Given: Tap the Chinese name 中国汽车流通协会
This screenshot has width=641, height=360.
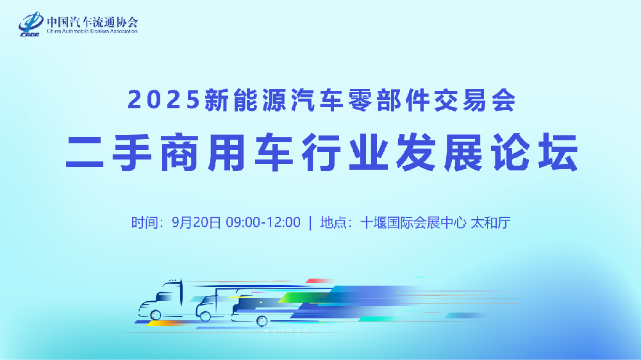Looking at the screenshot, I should tap(92, 21).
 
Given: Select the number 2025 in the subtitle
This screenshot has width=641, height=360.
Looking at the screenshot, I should tap(163, 101).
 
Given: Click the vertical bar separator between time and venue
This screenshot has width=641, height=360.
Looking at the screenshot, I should tap(310, 223).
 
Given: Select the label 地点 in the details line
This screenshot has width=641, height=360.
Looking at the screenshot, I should tap(333, 223).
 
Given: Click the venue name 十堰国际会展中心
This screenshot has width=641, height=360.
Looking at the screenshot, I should tap(413, 223).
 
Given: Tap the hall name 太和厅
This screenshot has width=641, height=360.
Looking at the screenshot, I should tap(490, 223).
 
